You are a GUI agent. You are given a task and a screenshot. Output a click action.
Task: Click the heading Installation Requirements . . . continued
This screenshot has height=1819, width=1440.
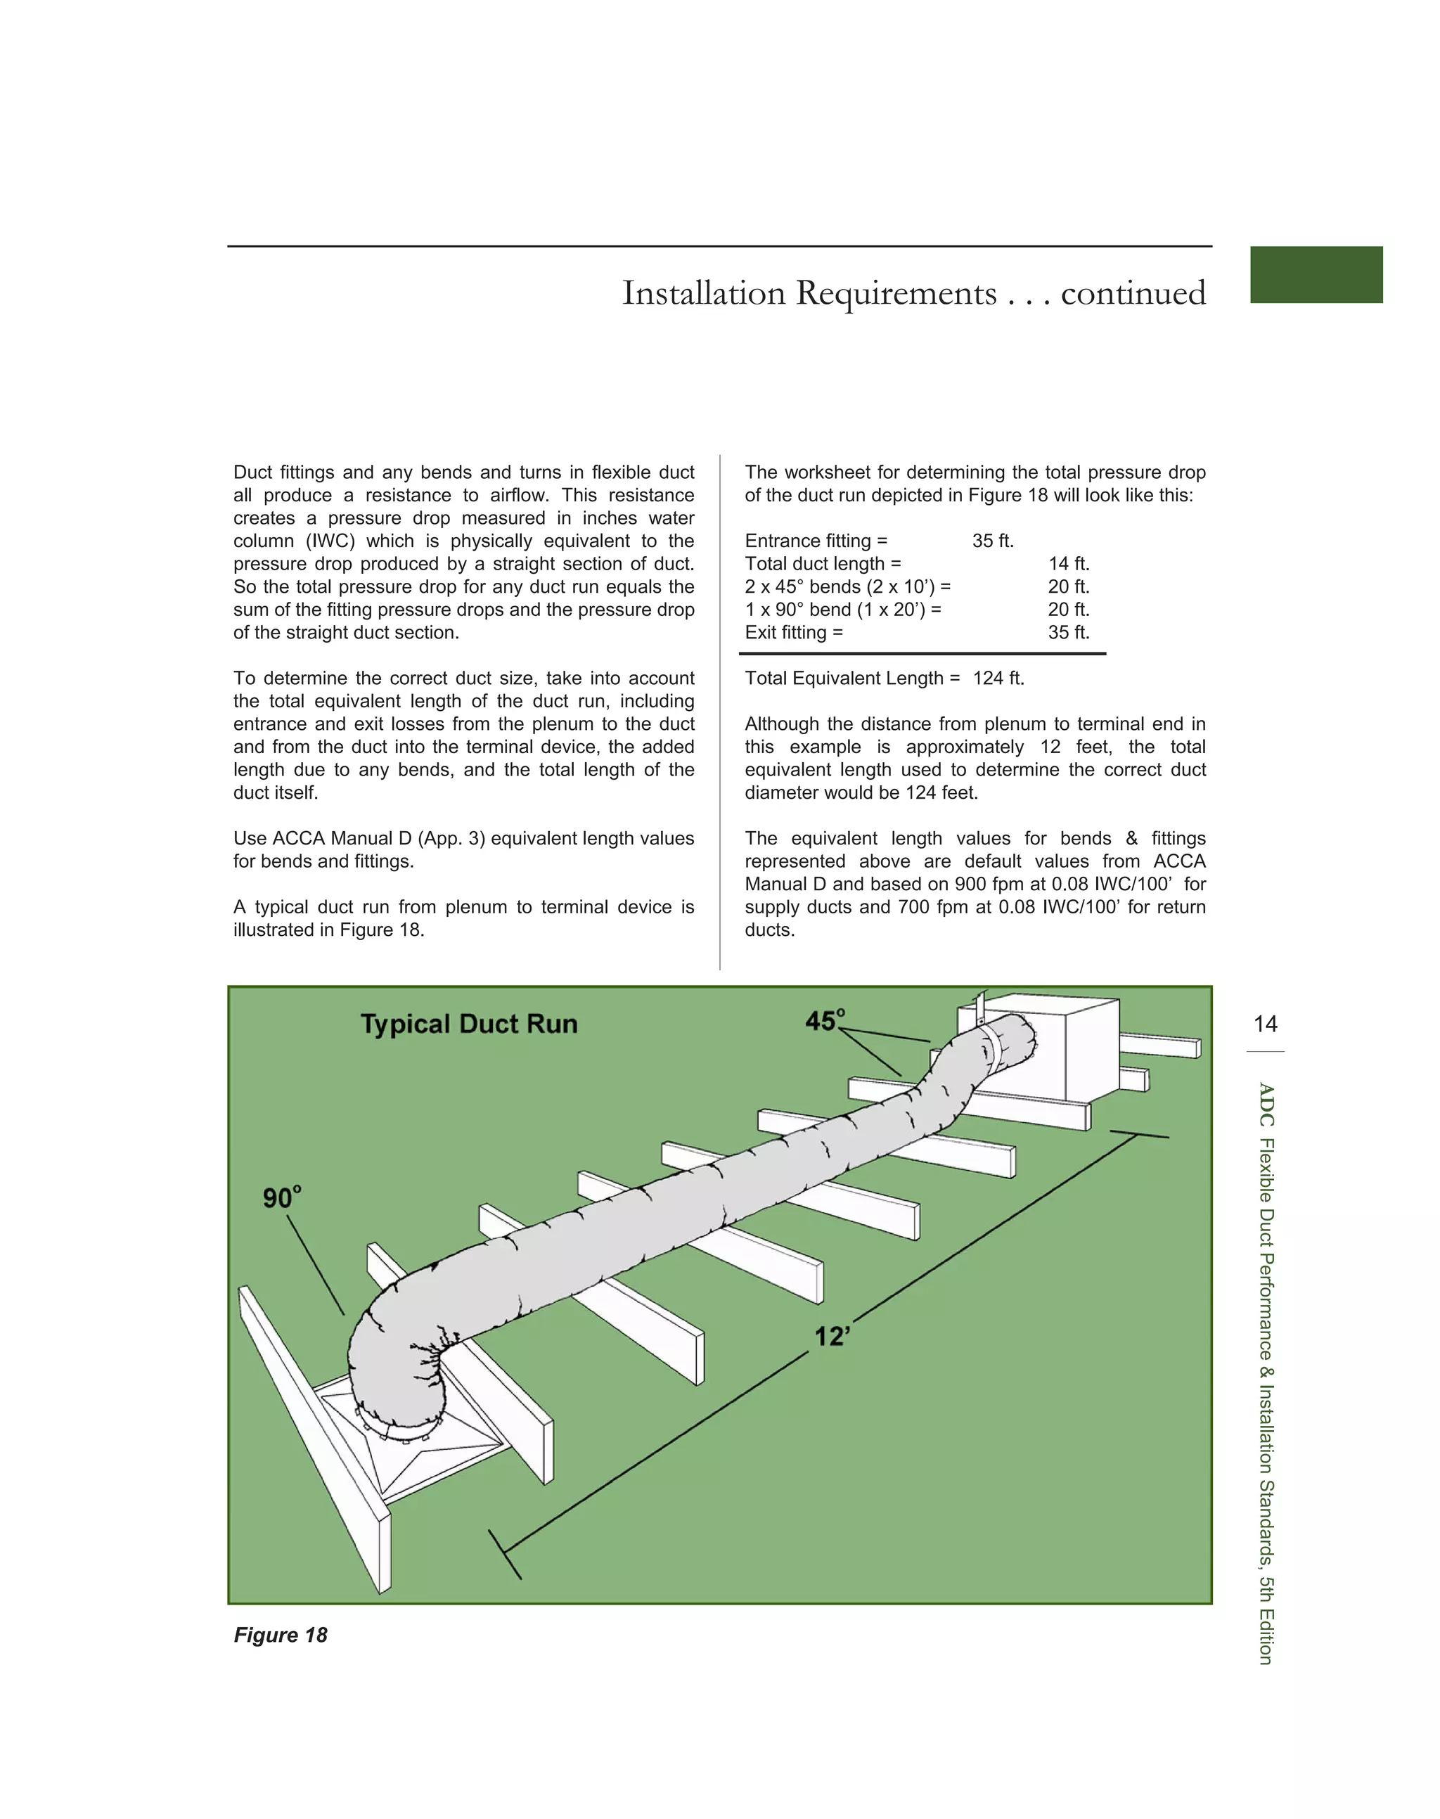[x=913, y=293]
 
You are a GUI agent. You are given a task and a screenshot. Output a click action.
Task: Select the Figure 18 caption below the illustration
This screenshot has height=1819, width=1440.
[x=280, y=1635]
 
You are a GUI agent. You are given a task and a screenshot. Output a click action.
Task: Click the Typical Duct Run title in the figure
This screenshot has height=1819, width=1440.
[x=469, y=1024]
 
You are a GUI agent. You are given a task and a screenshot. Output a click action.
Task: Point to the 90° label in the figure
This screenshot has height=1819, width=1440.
[x=281, y=1197]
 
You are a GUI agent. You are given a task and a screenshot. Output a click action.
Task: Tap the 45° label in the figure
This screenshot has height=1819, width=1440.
[x=825, y=1021]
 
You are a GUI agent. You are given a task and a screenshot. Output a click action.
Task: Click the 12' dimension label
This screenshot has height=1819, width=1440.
[x=831, y=1337]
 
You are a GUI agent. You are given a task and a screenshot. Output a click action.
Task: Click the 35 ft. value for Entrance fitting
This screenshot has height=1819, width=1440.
[x=992, y=541]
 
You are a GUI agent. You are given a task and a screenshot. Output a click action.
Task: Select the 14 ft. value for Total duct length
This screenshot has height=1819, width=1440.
[x=1068, y=564]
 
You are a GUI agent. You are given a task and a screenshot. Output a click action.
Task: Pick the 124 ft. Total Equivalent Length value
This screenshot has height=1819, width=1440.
[x=998, y=679]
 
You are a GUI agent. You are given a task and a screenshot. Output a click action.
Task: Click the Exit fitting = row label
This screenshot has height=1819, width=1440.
[x=793, y=633]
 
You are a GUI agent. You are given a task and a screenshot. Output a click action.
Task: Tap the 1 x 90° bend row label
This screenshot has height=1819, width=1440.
[x=842, y=610]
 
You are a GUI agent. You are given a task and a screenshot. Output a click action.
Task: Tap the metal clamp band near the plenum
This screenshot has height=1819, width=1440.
[x=992, y=1049]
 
